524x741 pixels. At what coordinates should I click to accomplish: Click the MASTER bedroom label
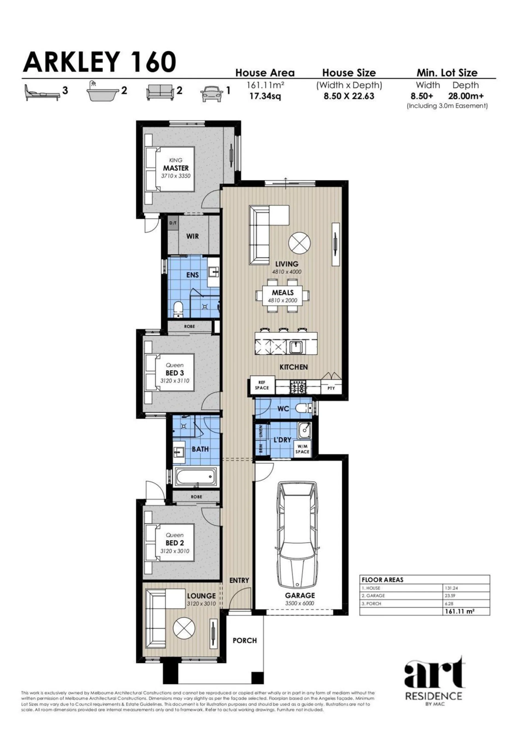point(176,168)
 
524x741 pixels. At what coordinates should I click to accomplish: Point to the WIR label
point(193,236)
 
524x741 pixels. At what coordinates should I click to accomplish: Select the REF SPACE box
point(262,385)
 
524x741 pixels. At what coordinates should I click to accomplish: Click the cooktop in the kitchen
point(298,386)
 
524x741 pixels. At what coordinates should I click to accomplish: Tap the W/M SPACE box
point(302,449)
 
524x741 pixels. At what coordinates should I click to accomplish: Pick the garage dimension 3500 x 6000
point(299,603)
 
